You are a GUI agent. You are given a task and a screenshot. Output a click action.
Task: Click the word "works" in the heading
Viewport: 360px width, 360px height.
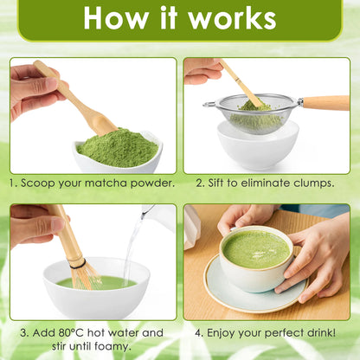(x=232, y=18)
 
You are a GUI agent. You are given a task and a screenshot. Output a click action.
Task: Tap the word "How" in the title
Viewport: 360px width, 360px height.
(x=115, y=18)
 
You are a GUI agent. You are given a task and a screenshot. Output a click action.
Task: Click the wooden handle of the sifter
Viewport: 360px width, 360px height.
(x=326, y=103)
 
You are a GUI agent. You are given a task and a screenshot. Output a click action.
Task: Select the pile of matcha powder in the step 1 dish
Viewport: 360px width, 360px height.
(x=118, y=147)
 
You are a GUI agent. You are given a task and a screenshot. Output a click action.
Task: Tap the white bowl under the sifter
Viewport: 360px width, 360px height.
(x=258, y=147)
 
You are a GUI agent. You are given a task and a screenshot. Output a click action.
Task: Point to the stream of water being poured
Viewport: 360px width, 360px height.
(x=131, y=252)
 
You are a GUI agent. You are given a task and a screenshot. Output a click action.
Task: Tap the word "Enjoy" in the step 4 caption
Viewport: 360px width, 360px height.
(x=222, y=333)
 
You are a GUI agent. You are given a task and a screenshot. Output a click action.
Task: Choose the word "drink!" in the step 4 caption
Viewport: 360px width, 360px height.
(x=321, y=332)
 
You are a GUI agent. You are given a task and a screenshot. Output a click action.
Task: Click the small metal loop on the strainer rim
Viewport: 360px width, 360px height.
(x=209, y=104)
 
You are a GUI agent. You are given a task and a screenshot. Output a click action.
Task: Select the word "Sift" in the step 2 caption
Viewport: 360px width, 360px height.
(x=216, y=183)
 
